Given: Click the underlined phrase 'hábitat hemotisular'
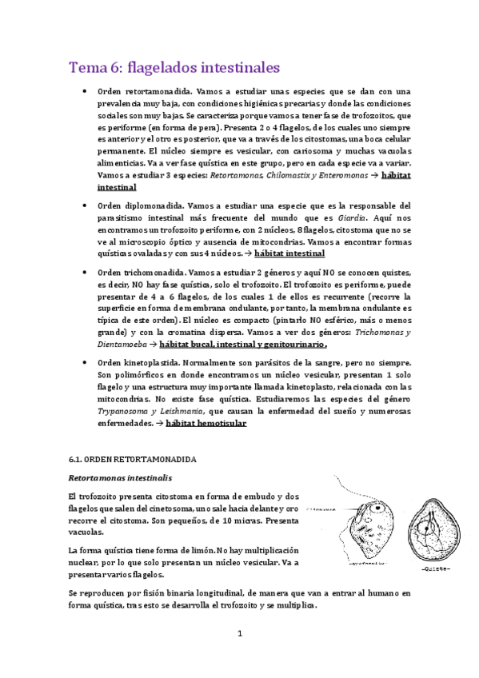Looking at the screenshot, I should tap(205, 423).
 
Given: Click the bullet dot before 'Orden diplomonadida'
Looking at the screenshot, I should tap(84, 205).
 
